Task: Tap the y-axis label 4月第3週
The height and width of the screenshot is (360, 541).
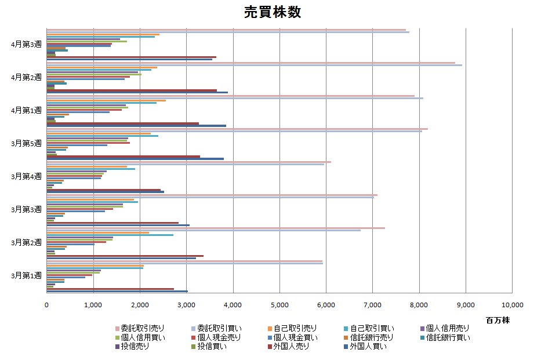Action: tap(27, 44)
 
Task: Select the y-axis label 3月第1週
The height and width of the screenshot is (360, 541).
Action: tap(27, 275)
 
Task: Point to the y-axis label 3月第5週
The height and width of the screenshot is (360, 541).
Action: tap(27, 143)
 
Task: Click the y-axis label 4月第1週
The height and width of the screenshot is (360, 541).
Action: tap(27, 110)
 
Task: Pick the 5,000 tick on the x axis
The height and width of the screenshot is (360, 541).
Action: tap(279, 304)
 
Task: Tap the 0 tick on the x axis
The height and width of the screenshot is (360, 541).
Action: tap(46, 304)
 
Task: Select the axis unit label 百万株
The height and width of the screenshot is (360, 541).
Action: tap(498, 319)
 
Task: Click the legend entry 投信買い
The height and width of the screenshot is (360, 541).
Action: tap(213, 347)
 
